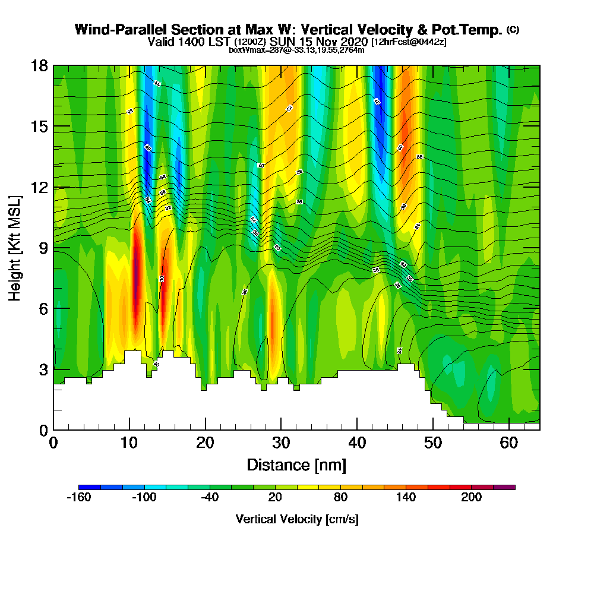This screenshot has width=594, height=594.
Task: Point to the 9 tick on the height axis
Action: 53,248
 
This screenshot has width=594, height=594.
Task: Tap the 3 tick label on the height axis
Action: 43,369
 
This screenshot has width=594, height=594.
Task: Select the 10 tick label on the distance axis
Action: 129,443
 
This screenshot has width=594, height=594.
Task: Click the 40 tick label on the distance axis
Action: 357,443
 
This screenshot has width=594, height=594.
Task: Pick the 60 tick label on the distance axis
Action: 509,443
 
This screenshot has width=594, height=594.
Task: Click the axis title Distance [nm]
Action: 296,465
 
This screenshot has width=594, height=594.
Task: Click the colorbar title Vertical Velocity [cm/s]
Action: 297,519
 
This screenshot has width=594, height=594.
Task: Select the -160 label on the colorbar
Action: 78,498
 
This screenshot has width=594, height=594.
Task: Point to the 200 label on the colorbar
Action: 472,498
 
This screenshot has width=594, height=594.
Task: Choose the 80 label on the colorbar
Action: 340,498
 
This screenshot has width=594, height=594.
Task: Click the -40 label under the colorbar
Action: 210,498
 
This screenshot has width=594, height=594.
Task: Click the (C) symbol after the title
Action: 513,30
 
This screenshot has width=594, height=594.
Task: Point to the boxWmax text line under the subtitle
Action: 296,50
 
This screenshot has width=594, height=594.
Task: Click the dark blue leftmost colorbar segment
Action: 89,487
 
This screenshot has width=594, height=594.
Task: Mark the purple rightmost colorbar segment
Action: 504,487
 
